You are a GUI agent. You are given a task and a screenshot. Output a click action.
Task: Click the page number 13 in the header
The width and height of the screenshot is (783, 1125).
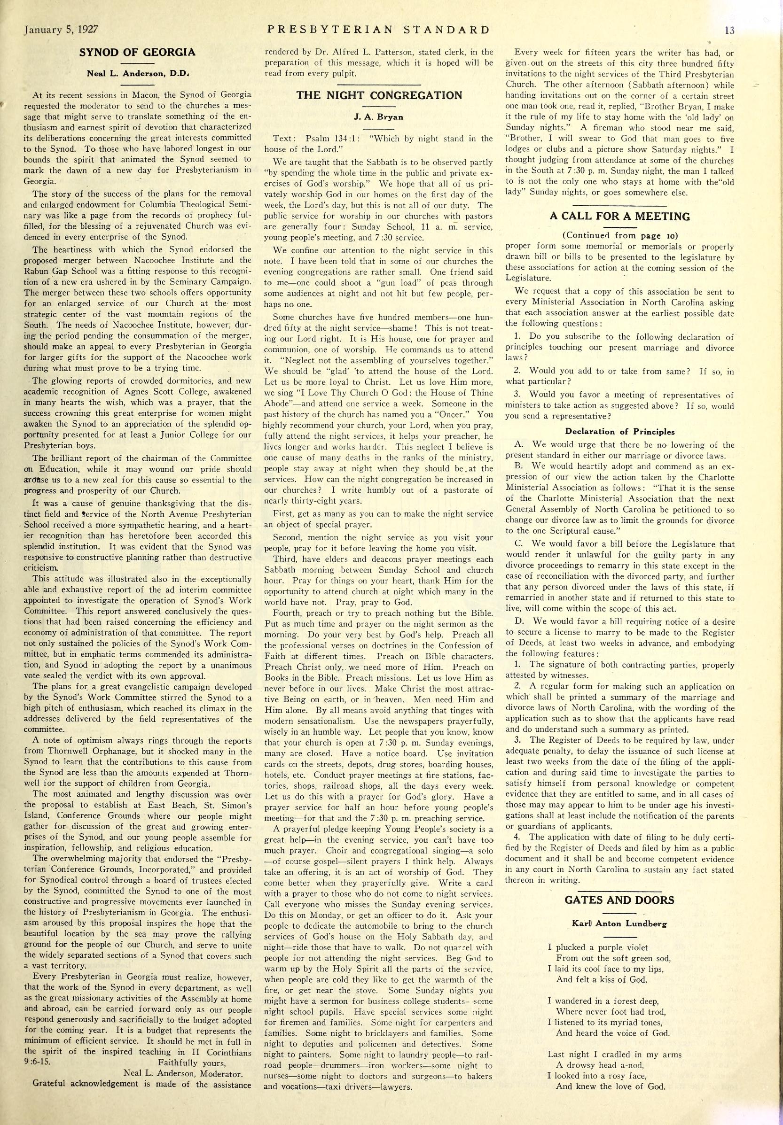tap(729, 30)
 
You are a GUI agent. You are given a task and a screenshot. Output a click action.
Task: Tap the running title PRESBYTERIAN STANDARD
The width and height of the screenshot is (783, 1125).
tap(378, 30)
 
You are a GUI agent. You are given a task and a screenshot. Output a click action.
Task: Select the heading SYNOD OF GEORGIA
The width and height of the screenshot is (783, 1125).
tap(137, 53)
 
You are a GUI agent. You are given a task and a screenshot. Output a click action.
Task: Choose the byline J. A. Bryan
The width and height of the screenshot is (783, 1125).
tap(378, 117)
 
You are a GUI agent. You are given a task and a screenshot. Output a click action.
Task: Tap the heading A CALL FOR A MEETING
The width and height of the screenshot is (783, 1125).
tap(620, 216)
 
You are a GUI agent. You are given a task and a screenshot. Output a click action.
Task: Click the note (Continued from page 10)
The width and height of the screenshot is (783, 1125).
tap(620, 235)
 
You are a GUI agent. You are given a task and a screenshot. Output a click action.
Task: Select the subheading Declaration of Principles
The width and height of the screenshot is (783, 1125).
tap(620, 432)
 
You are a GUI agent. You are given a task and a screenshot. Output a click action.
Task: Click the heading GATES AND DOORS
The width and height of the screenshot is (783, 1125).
tap(619, 900)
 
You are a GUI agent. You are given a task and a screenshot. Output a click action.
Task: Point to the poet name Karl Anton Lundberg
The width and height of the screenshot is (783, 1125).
tap(619, 923)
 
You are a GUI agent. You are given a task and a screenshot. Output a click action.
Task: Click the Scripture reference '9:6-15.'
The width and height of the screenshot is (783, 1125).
tap(37, 1063)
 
